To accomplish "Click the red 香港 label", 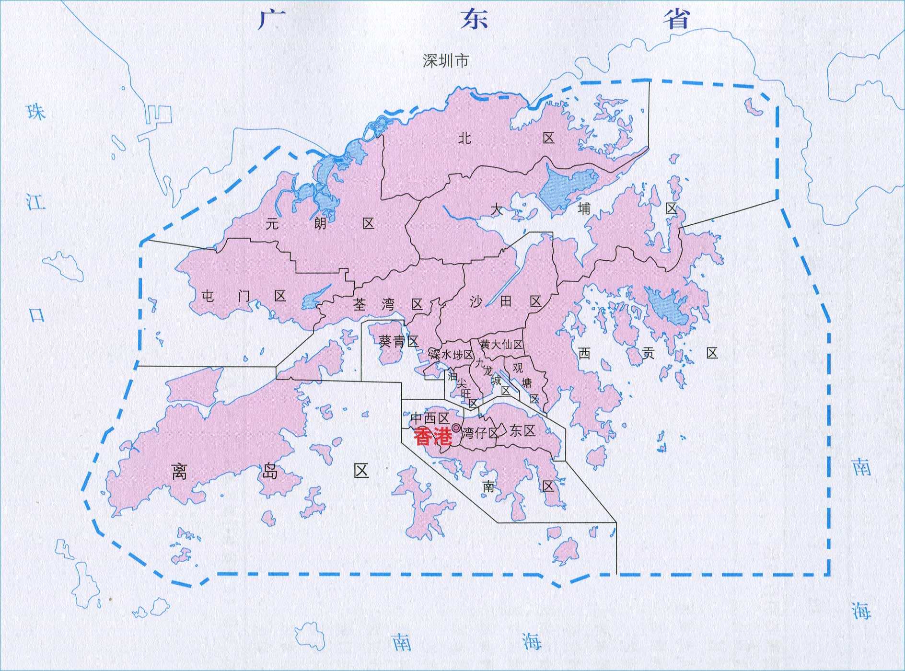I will (x=433, y=437).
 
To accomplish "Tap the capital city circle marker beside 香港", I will (x=456, y=428).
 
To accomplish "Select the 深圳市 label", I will (x=445, y=61).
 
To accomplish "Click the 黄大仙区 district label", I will (x=501, y=345).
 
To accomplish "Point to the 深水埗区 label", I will (x=452, y=355).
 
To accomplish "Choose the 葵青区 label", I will (x=399, y=341).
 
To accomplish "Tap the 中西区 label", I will (x=429, y=418).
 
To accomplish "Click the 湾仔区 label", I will (x=480, y=433).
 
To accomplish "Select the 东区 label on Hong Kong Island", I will (x=522, y=430).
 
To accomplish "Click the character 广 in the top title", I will (x=271, y=20).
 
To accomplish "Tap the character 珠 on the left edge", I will (x=36, y=112).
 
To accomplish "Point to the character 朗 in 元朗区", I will (x=320, y=223).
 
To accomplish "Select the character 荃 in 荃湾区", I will (x=360, y=304).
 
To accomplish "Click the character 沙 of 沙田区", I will (x=476, y=301).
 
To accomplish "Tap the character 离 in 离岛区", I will (x=179, y=472).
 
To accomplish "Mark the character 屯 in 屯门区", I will (x=208, y=296).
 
